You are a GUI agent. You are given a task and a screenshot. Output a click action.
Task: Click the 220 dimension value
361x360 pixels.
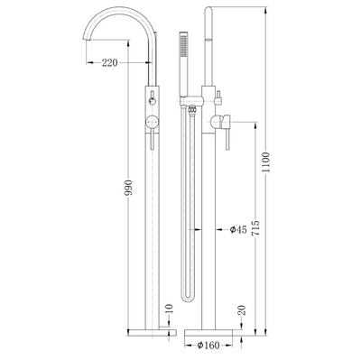109,63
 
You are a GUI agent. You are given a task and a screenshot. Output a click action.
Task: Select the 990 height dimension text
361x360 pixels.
128,188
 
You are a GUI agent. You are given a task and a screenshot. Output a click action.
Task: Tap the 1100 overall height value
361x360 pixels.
266,162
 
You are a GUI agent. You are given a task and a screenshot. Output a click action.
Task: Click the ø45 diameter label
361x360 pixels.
238,230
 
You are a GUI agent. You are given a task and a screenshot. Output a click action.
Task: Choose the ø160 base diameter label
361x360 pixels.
208,346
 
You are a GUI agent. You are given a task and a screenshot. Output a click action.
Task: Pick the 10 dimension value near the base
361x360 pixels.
169,309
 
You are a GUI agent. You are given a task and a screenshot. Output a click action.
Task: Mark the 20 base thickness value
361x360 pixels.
243,309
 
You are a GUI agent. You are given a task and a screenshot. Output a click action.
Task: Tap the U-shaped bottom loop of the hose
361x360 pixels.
188,300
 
